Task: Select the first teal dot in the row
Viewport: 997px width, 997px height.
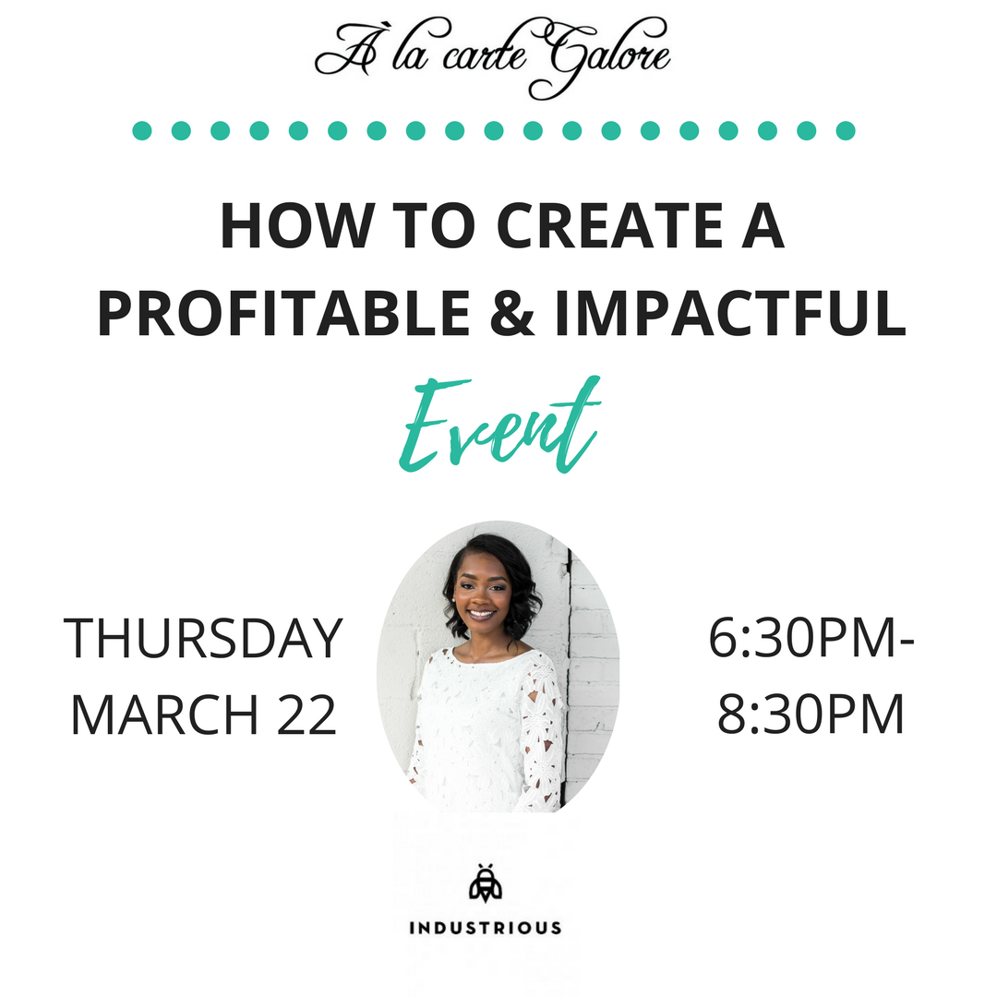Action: click(142, 130)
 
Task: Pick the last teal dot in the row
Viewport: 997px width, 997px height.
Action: click(845, 130)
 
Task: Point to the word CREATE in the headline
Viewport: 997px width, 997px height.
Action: click(609, 226)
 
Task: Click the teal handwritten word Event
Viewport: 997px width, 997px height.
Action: click(499, 424)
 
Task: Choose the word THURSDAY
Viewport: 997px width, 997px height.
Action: click(203, 638)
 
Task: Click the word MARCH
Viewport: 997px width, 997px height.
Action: click(164, 715)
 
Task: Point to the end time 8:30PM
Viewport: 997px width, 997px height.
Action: click(811, 715)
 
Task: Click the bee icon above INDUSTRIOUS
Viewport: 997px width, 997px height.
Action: click(486, 883)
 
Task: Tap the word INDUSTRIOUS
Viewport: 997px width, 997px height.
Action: click(486, 928)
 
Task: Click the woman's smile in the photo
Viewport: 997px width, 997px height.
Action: click(481, 614)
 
